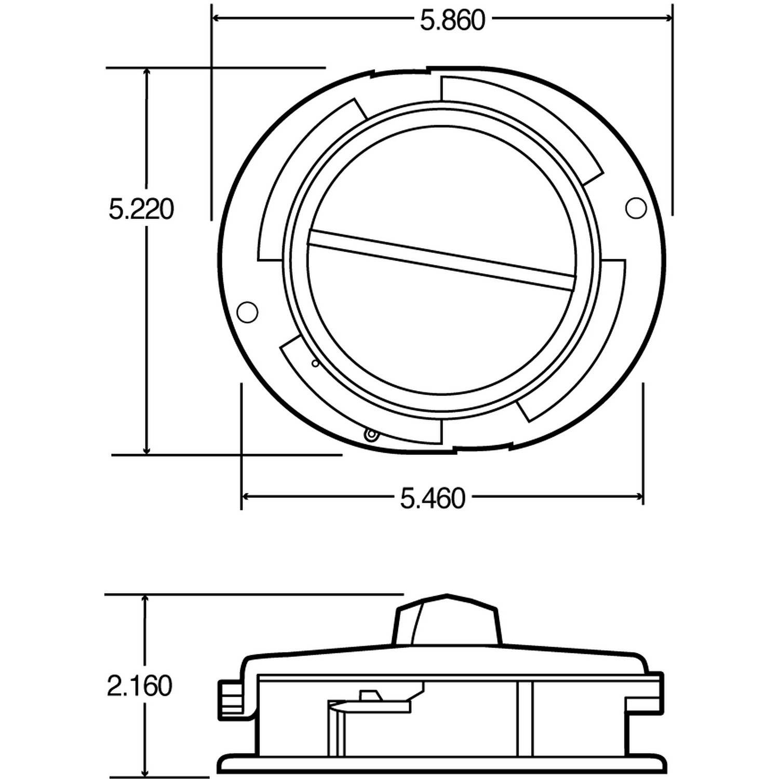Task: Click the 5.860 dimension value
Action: pyautogui.click(x=452, y=21)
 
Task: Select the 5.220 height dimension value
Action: pyautogui.click(x=141, y=210)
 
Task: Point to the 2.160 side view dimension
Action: pyautogui.click(x=139, y=686)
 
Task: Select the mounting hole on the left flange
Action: pyautogui.click(x=247, y=312)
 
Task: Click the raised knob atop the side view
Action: pyautogui.click(x=448, y=621)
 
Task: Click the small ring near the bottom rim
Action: pyautogui.click(x=370, y=435)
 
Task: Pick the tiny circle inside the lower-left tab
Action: pyautogui.click(x=314, y=364)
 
